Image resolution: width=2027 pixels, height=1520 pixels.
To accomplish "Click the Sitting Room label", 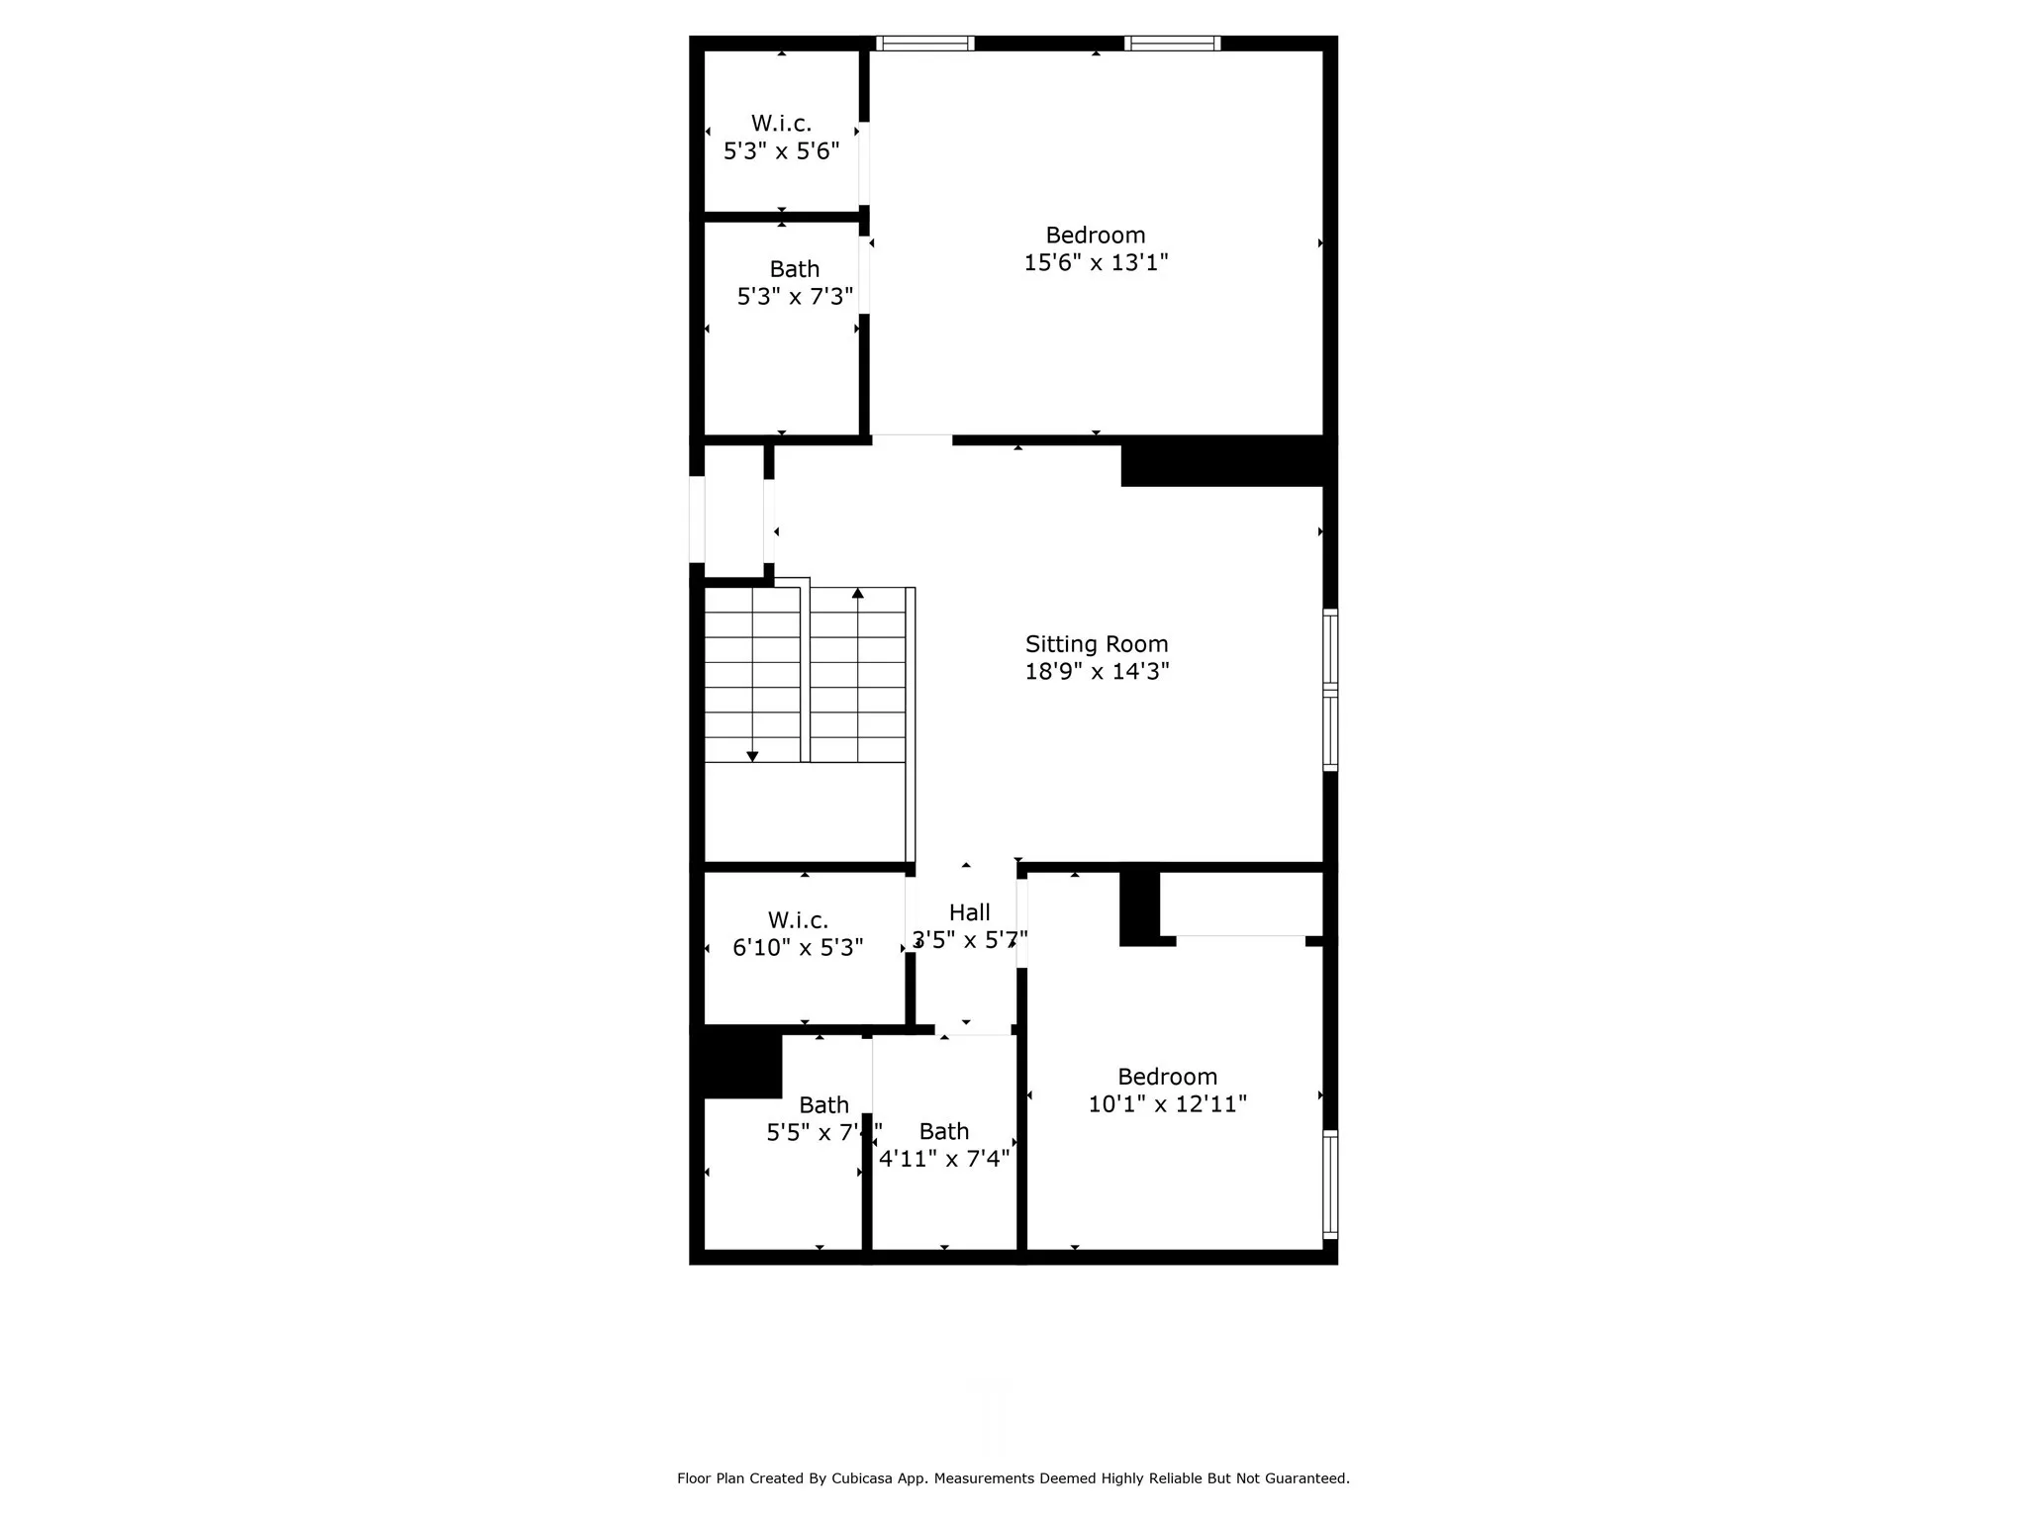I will point(1096,644).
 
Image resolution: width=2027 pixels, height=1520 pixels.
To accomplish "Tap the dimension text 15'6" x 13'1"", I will point(1096,263).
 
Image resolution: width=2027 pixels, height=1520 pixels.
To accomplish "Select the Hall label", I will point(969,912).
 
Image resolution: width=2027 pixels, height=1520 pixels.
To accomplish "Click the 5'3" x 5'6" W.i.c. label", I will point(781,124).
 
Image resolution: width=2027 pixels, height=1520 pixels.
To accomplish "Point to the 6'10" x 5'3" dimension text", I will point(798,948).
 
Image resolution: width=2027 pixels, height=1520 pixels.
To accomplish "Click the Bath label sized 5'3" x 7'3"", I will point(794,269).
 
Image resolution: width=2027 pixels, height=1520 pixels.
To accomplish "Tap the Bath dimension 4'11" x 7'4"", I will point(944,1159).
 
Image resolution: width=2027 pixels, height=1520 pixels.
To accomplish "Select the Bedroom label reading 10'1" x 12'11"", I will point(1167,1077).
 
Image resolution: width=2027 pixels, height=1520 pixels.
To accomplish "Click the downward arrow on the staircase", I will point(752,756).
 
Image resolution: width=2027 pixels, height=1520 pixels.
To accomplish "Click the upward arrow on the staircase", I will point(858,594).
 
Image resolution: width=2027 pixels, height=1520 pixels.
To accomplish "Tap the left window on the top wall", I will point(925,44).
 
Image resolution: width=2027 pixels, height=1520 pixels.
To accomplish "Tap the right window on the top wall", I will point(1172,44).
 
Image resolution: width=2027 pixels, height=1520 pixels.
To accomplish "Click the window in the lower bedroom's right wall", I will point(1330,1185).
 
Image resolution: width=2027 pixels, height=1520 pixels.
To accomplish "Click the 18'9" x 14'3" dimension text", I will point(1097,672).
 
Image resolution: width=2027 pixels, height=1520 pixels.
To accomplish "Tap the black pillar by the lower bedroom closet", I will point(1139,905).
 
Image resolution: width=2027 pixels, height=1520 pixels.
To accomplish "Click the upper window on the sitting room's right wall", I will point(1330,648).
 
